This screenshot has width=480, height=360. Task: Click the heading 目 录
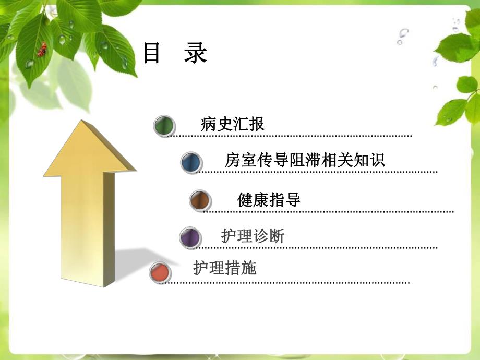[175, 54]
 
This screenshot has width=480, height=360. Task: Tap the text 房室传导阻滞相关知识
[305, 160]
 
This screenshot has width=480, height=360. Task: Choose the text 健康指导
[269, 200]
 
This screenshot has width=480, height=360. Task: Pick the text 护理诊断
[253, 236]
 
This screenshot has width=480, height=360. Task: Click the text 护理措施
[225, 268]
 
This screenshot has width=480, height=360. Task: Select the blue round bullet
[191, 162]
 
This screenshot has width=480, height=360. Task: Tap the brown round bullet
[200, 200]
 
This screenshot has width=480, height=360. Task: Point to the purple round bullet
[190, 238]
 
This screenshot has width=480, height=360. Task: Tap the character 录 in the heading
[196, 54]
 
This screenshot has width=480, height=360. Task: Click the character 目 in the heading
[152, 54]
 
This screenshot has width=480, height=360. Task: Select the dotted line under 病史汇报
[292, 136]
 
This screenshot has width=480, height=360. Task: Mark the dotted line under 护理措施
[287, 283]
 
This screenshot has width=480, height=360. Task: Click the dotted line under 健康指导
[329, 212]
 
